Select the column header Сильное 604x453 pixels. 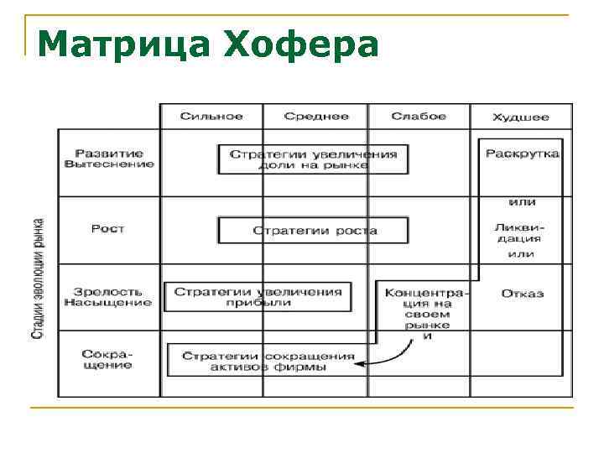coord(211,117)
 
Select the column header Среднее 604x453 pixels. coord(315,117)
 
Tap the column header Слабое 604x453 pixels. coord(419,117)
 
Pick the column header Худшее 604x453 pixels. coord(521,117)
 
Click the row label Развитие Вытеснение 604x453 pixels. coord(109,159)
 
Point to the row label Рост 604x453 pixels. coord(108,229)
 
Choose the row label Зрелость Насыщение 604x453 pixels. coord(108,297)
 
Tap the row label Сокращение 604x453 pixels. coord(108,359)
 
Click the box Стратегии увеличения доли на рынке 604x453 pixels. coord(313,159)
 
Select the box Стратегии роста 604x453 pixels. coord(313,230)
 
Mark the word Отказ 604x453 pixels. coord(522,294)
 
